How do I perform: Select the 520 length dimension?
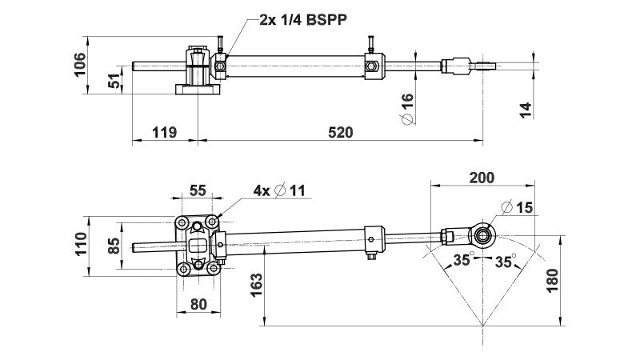point(340,133)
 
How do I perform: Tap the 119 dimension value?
point(164,133)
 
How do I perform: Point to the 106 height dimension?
point(79,64)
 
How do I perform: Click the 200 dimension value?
point(482,177)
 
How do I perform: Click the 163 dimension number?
point(255,283)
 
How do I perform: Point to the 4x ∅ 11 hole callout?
point(279,190)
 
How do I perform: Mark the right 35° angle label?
point(504,260)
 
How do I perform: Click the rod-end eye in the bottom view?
point(483,234)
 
